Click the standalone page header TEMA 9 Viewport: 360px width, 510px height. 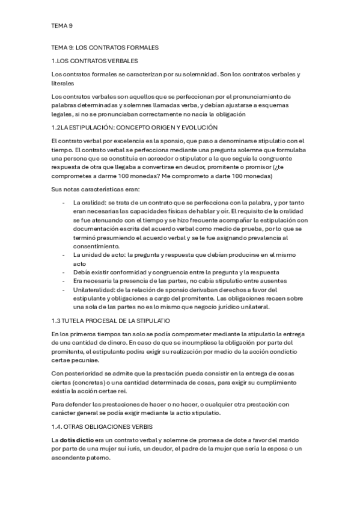[62, 26]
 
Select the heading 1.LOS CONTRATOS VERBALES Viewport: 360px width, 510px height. [95, 61]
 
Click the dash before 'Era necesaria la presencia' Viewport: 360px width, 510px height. [64, 281]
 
